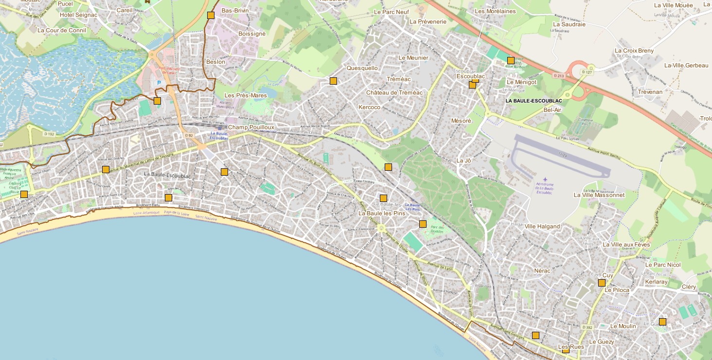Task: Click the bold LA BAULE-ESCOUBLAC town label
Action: point(534,101)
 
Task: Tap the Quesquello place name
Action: point(362,68)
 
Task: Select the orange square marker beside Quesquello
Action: point(333,81)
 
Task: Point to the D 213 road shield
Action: point(558,75)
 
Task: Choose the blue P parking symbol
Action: point(159,83)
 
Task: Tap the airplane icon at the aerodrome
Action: point(545,180)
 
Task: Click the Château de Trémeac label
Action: point(394,92)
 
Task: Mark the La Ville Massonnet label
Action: point(599,195)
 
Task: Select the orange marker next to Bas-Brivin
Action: point(211,15)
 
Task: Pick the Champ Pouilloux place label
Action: point(251,127)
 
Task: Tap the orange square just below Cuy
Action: point(602,283)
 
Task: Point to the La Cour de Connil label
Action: point(62,30)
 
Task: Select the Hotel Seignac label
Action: point(78,15)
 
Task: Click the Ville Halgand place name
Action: point(542,226)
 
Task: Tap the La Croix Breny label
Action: point(634,51)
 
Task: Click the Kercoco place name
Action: point(369,107)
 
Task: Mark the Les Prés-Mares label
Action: point(246,95)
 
